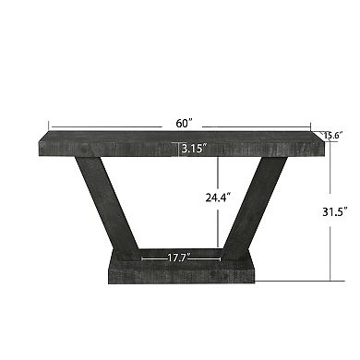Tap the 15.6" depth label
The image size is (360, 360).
pyautogui.click(x=333, y=136)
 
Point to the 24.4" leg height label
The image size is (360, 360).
pyautogui.click(x=218, y=196)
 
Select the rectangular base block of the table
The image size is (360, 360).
pyautogui.click(x=180, y=270)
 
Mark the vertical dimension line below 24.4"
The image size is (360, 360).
pyautogui.click(x=218, y=226)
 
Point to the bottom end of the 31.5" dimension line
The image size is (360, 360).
pyautogui.click(x=330, y=280)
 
